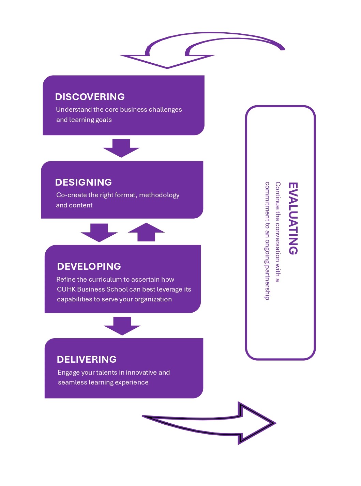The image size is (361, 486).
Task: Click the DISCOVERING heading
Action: click(90, 97)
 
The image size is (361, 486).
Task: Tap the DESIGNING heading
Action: click(84, 182)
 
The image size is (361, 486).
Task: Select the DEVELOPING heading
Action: click(89, 266)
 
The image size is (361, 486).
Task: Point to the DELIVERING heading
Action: click(87, 359)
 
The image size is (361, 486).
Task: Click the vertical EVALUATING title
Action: click(293, 218)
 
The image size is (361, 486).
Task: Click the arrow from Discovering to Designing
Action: click(121, 148)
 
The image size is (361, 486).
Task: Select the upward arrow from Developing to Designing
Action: click(146, 232)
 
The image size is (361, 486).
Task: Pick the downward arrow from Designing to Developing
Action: click(99, 233)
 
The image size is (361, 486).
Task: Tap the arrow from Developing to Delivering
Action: click(122, 326)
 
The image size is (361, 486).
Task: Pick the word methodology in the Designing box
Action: click(159, 195)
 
